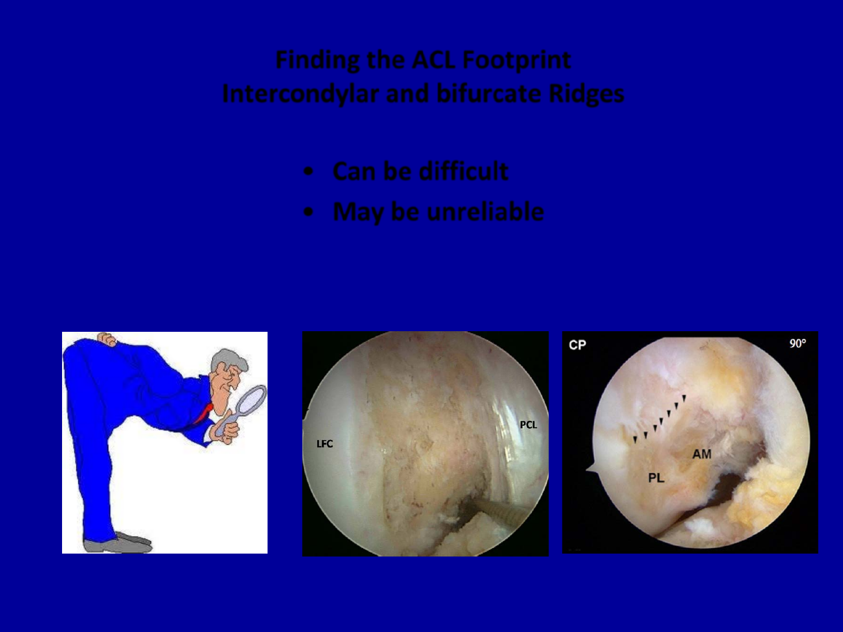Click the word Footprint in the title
point(516,60)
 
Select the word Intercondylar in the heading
point(301,93)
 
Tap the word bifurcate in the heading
point(489,93)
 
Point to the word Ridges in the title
point(587,94)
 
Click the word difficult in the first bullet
point(464,171)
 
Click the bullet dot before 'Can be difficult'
point(308,171)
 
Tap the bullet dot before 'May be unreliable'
point(308,212)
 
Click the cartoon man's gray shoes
point(118,542)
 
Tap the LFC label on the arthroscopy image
point(324,444)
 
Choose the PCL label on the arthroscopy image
point(529,425)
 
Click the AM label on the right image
point(702,454)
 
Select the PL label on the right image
point(656,478)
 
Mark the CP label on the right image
point(577,345)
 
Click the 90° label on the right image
point(798,344)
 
